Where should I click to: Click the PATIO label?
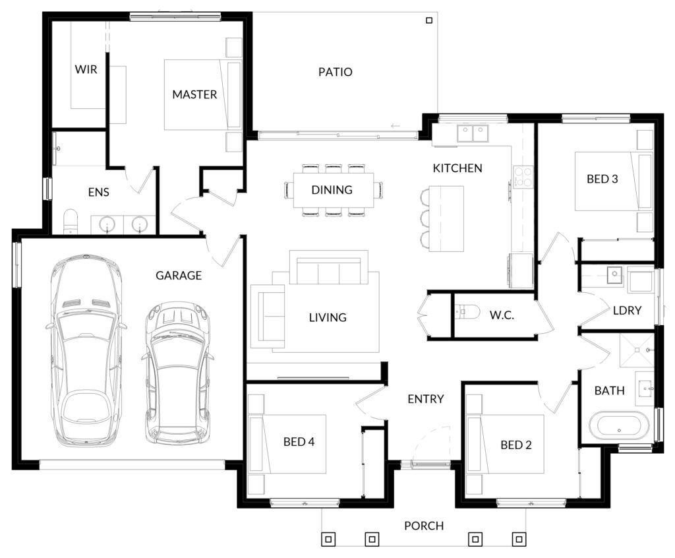(336, 72)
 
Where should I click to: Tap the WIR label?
(86, 69)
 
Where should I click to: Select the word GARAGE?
(179, 275)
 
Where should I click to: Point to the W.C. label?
(502, 315)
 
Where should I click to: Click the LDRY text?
(628, 310)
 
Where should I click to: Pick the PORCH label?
(424, 526)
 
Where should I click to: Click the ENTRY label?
(426, 399)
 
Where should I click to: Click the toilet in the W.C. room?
(467, 311)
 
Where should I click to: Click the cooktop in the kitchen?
(523, 177)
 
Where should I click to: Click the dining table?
(334, 190)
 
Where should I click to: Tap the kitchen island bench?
(446, 219)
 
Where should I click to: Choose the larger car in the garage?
(86, 351)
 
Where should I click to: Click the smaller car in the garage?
(177, 373)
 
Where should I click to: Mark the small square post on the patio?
(428, 20)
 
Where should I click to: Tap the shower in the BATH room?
(637, 350)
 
